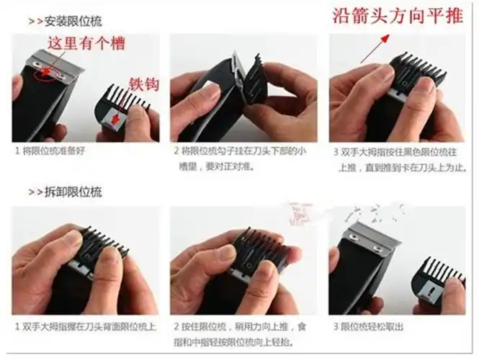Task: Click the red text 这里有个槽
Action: click(86, 44)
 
